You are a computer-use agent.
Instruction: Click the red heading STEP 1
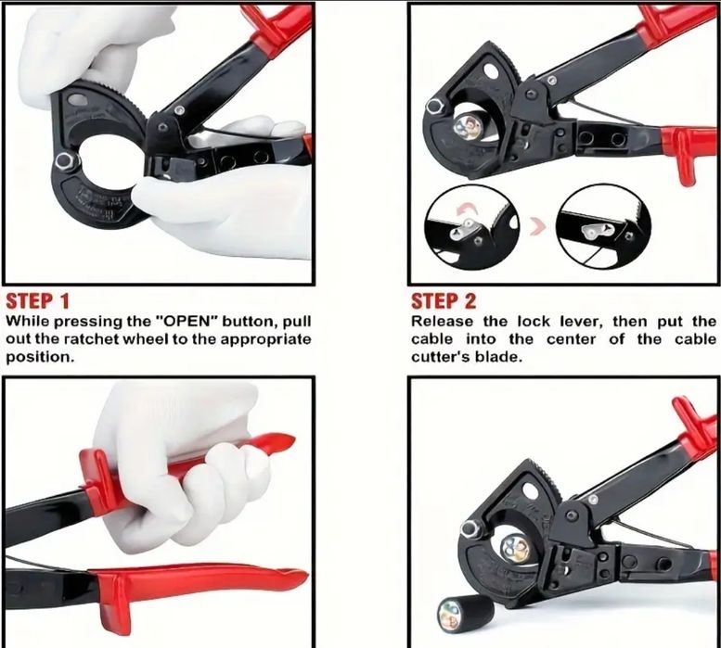38,301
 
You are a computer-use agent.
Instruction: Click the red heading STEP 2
444,301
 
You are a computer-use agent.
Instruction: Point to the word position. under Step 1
40,357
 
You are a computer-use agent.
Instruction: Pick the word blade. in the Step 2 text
499,357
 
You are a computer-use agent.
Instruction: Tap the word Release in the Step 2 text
442,321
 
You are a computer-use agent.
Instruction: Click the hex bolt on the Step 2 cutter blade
434,106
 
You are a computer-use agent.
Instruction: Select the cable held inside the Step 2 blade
466,126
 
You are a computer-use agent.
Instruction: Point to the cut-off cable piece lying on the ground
466,613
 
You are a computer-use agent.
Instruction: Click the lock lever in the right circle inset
597,230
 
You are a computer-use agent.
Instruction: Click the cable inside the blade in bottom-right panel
514,548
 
